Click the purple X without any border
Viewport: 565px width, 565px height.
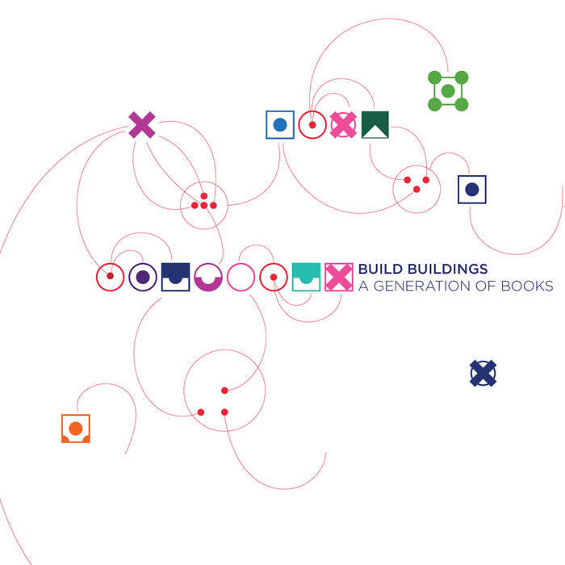click(142, 124)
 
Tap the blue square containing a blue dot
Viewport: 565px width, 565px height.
click(280, 124)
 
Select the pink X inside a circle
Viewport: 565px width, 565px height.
click(343, 124)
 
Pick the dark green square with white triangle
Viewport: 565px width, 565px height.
click(375, 124)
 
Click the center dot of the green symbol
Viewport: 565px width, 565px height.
click(448, 90)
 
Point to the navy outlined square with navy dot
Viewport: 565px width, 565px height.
click(472, 189)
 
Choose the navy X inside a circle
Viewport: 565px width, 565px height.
click(483, 373)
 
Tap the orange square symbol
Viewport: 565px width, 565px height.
click(76, 429)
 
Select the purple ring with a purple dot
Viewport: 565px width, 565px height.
click(143, 277)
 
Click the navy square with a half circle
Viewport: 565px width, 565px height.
click(175, 277)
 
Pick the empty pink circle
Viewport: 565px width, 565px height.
click(241, 277)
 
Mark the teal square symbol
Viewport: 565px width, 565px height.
click(306, 277)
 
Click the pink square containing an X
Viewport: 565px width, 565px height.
click(339, 277)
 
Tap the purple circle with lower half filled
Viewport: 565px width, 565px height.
click(208, 277)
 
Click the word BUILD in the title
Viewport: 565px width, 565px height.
click(380, 269)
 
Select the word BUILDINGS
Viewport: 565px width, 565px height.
click(448, 269)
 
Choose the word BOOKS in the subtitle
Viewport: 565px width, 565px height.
click(527, 286)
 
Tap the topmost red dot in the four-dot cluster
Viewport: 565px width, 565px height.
click(204, 196)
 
